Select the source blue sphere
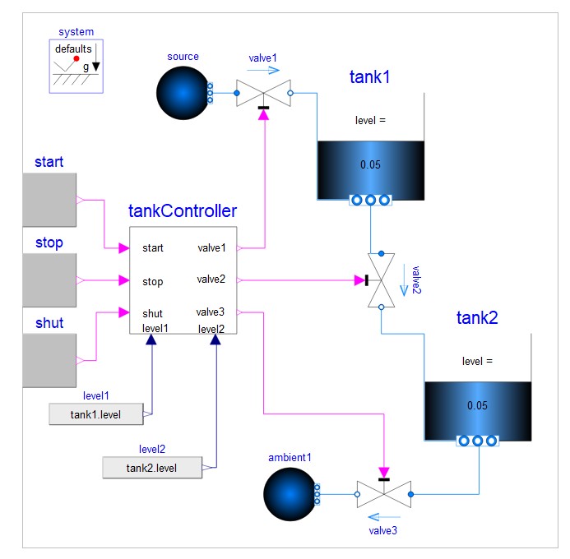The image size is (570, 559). pos(183,93)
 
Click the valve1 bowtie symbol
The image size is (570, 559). pos(263,94)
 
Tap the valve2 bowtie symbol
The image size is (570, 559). pos(381,280)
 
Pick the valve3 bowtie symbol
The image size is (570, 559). pos(383,494)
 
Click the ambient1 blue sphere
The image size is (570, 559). pos(289,494)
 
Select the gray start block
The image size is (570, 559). pos(49,200)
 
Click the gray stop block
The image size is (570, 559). pos(49,280)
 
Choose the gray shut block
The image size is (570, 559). pos(49,360)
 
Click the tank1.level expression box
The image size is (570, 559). pos(96,414)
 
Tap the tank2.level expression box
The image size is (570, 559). pos(151,468)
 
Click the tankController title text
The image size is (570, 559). pos(183,211)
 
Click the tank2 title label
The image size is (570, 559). pos(477,319)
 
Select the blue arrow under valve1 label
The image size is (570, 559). pos(263,72)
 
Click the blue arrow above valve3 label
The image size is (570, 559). pos(382,518)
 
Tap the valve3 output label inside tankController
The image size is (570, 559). pos(210,312)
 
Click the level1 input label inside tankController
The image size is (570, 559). pos(155,328)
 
